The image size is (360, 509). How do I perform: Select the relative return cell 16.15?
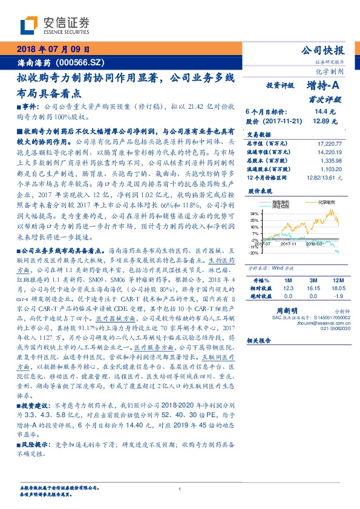point(312,289)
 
